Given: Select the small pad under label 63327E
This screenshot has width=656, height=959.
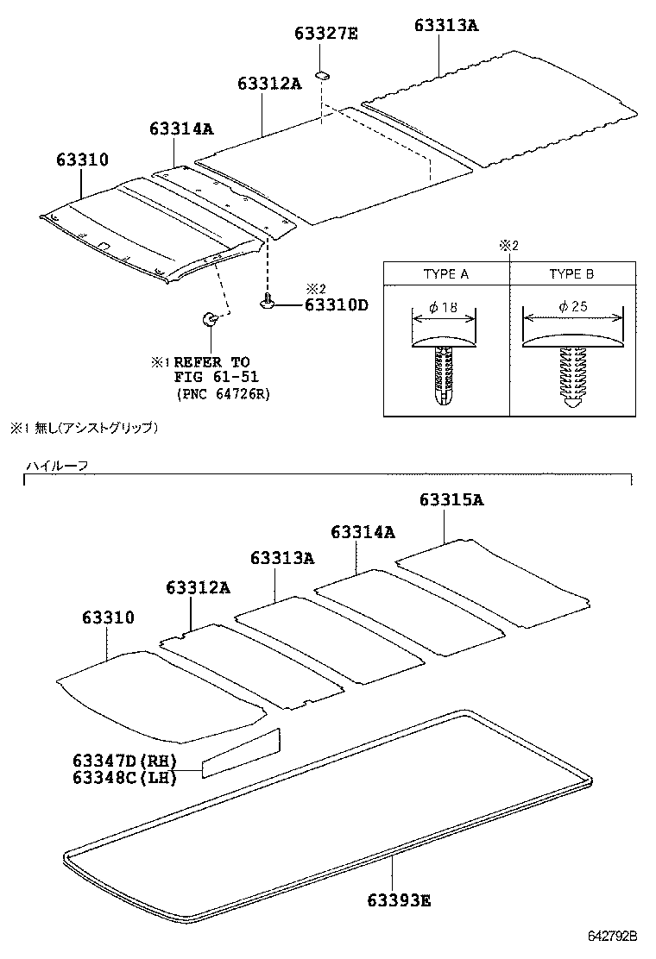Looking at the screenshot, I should pyautogui.click(x=322, y=75).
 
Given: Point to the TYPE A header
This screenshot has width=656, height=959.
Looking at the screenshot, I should pyautogui.click(x=446, y=274).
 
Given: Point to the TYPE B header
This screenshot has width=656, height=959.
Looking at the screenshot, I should pyautogui.click(x=571, y=274).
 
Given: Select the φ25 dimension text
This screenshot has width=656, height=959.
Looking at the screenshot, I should pyautogui.click(x=572, y=307).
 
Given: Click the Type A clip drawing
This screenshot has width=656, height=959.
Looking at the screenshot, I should pyautogui.click(x=445, y=367).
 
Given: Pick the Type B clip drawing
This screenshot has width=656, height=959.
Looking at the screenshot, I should pyautogui.click(x=572, y=367).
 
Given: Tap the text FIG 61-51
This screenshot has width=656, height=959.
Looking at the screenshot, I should pyautogui.click(x=217, y=377).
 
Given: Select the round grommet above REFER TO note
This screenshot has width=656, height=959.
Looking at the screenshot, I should pyautogui.click(x=210, y=320).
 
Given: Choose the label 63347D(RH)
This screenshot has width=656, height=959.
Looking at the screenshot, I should pyautogui.click(x=124, y=762).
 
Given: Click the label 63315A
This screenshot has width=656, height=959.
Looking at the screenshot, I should pyautogui.click(x=452, y=501).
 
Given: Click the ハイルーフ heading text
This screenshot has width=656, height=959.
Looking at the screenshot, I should pyautogui.click(x=56, y=466).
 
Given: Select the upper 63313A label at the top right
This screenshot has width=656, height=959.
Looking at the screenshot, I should pyautogui.click(x=445, y=26).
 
